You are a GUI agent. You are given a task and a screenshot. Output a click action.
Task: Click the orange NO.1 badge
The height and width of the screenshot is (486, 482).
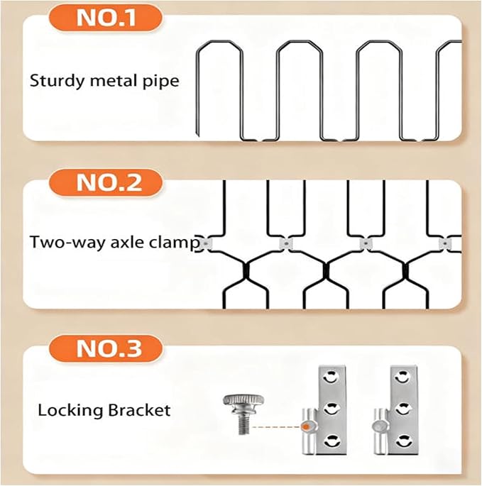[106, 17]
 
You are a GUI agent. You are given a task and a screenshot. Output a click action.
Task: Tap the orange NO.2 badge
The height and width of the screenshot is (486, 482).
[106, 183]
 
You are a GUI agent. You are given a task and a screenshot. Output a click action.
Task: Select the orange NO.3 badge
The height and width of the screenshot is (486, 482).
[106, 348]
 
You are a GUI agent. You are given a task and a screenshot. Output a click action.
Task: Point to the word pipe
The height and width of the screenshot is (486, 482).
[161, 81]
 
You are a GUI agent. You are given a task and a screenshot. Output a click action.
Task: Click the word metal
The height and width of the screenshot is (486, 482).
[114, 81]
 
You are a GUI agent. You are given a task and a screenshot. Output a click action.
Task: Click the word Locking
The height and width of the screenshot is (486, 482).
[70, 411]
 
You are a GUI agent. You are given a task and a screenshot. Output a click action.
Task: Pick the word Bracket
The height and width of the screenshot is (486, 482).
[139, 410]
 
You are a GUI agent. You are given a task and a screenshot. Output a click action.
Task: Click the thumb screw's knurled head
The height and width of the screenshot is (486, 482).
[243, 401]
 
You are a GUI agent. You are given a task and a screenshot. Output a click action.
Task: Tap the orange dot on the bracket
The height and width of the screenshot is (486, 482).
[306, 427]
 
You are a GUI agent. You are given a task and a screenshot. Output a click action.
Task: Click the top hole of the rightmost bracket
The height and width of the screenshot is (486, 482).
[402, 377]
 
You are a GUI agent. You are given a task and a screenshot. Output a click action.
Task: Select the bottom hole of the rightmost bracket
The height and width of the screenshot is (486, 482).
[402, 441]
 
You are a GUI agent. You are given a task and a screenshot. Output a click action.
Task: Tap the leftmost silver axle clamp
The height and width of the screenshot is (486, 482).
[205, 243]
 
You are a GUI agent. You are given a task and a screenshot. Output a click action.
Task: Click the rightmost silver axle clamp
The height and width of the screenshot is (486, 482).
[445, 243]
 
